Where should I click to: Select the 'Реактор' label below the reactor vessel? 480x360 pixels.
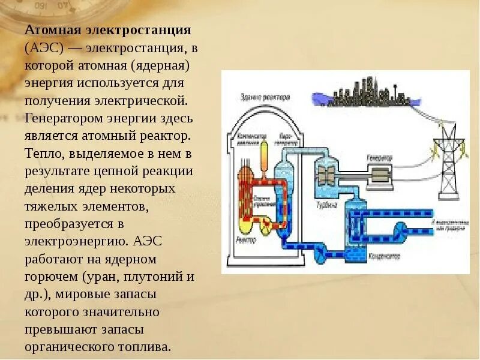coord(246,239)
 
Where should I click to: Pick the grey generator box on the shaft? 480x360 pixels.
coord(379,175)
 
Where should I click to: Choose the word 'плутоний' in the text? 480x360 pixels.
coord(153,277)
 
